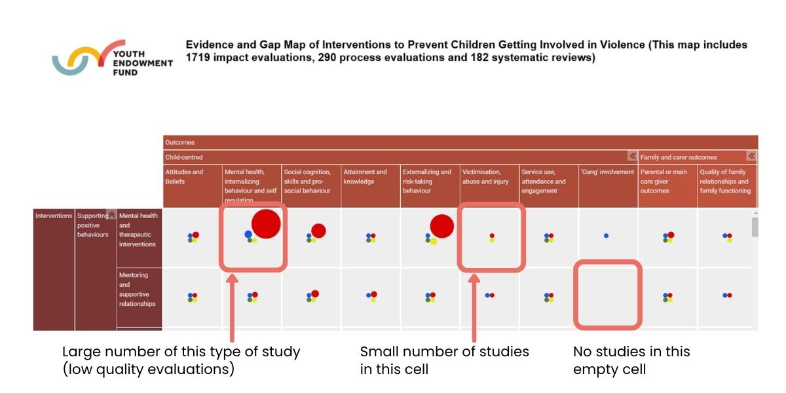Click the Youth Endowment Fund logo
pos(111,59)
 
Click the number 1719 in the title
pos(200,58)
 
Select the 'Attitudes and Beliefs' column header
pos(184,177)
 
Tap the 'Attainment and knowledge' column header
pos(365,177)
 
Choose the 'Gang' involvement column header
pos(607,172)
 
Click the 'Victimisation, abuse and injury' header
pos(485,177)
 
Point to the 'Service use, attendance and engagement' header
pos(543,181)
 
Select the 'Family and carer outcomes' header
pos(679,157)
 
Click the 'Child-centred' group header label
pos(184,157)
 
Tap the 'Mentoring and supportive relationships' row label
pos(138,290)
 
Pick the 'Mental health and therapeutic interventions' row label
pos(138,230)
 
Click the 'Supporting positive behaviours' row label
pos(92,225)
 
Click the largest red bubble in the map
pos(266,224)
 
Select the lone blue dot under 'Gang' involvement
pos(606,235)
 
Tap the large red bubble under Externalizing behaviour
pos(442,226)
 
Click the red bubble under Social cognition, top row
pos(318,231)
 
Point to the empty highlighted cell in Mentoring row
pos(607,295)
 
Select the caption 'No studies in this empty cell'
pos(631,360)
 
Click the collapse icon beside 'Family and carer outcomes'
pos(751,157)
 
